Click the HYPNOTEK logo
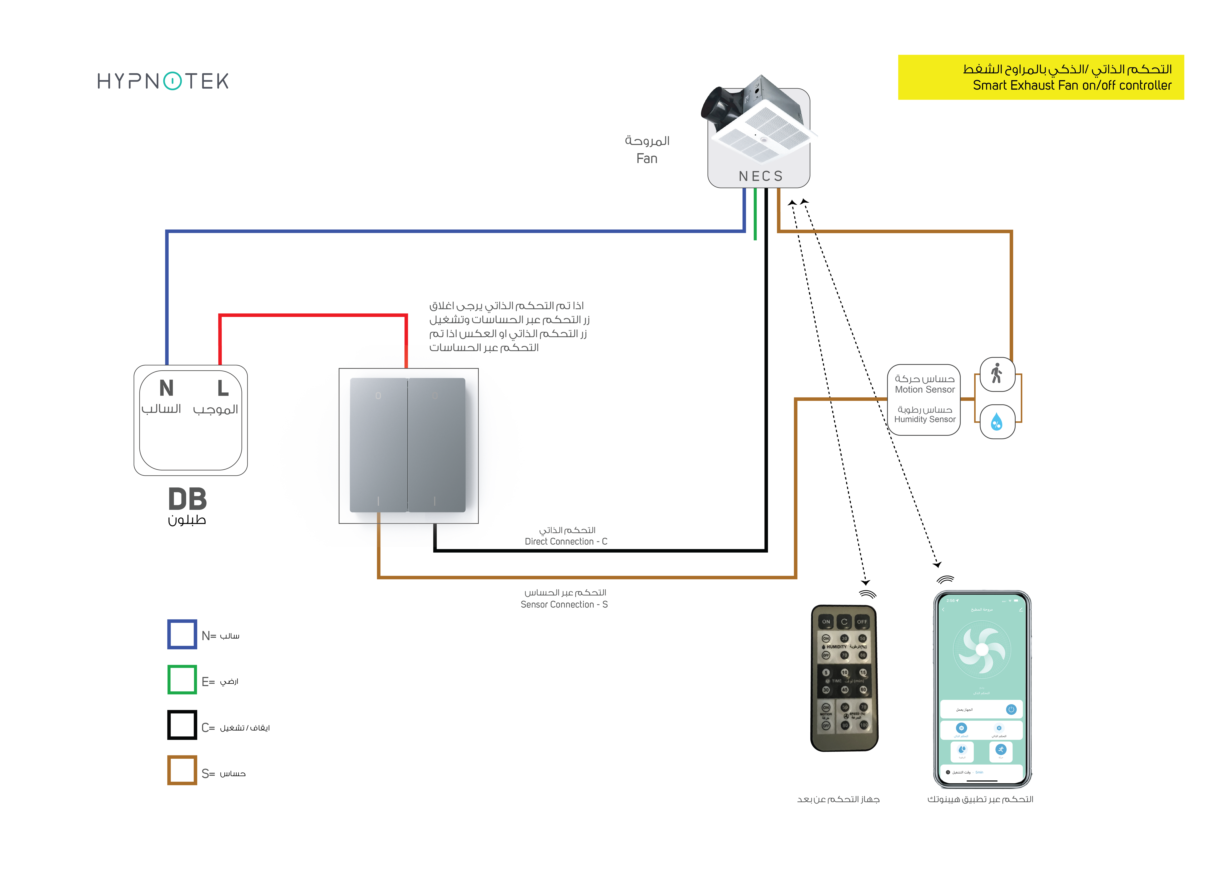[163, 81]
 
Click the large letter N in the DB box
[166, 388]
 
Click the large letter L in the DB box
[223, 388]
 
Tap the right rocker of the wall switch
[436, 445]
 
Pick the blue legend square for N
[182, 635]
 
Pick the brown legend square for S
[182, 771]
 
